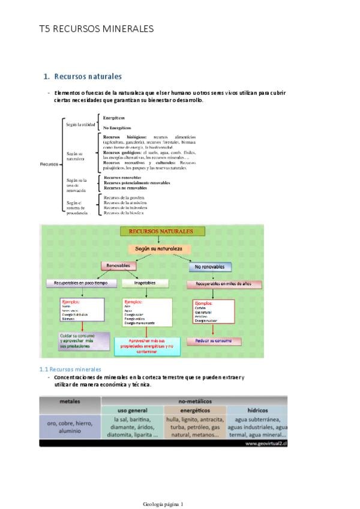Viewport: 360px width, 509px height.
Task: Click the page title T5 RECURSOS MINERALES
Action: [x=96, y=28]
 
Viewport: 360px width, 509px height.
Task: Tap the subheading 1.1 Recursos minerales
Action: [x=70, y=369]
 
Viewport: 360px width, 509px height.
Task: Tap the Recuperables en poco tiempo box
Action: [x=80, y=282]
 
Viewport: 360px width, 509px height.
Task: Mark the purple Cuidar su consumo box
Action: [x=84, y=340]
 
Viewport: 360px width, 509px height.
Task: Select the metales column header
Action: [x=70, y=400]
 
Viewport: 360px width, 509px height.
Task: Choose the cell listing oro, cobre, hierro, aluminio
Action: [x=70, y=427]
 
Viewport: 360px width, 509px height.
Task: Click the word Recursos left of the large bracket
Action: [x=49, y=163]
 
